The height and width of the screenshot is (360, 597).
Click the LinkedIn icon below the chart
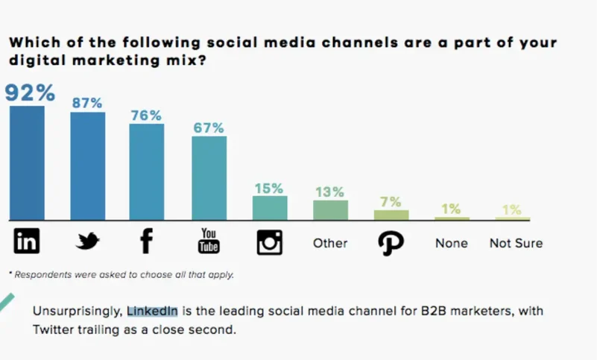click(x=27, y=241)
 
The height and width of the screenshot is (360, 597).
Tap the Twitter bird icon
click(x=88, y=241)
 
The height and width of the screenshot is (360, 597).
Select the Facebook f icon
click(x=146, y=241)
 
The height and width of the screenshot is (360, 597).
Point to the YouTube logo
click(x=209, y=241)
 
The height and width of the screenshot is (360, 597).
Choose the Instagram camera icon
click(x=269, y=242)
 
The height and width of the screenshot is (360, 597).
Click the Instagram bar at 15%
click(x=270, y=208)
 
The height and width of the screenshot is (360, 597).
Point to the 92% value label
click(x=31, y=93)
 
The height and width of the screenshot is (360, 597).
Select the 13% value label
click(x=330, y=192)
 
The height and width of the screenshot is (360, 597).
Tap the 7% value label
click(x=391, y=202)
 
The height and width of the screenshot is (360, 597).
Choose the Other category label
click(x=330, y=243)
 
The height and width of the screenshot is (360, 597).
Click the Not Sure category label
click(x=516, y=243)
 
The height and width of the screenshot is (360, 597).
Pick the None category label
click(x=452, y=243)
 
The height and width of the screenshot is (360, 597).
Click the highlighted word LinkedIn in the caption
click(x=152, y=311)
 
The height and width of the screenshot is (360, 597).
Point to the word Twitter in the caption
click(x=53, y=329)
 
